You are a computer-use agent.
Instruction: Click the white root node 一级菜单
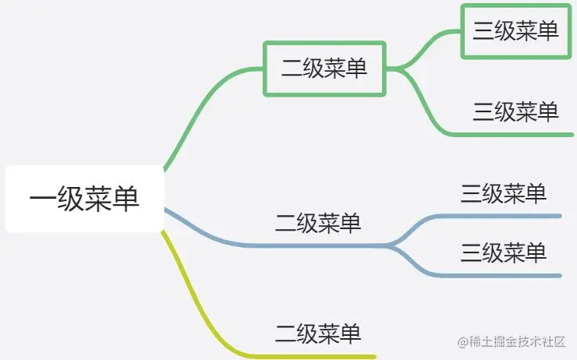point(84,199)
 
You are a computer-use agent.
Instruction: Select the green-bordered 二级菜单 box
point(324,69)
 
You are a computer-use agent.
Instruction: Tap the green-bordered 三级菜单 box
point(515,31)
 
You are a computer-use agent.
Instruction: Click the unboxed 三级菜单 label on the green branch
point(515,111)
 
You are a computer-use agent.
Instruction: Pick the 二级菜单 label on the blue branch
point(318,224)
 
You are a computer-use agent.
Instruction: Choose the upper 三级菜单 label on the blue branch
point(504,193)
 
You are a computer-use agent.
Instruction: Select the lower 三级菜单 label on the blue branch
point(504,252)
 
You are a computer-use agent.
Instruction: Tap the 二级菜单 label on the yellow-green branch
point(318,334)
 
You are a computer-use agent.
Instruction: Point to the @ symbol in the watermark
point(462,343)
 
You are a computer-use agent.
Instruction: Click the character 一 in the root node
point(43,199)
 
